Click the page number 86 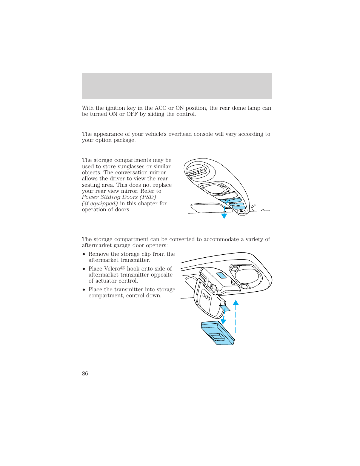(x=85, y=374)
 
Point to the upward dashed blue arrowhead (x=236, y=303)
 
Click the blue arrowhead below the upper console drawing (x=224, y=216)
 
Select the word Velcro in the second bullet (x=112, y=269)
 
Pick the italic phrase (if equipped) (x=100, y=203)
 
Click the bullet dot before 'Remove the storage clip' (x=84, y=254)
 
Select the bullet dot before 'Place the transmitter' (x=84, y=290)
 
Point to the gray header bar (x=177, y=86)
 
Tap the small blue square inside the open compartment (x=221, y=275)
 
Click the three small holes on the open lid (x=206, y=297)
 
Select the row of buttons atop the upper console (x=197, y=173)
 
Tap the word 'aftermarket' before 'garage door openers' (x=97, y=245)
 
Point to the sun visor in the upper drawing (x=206, y=208)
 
